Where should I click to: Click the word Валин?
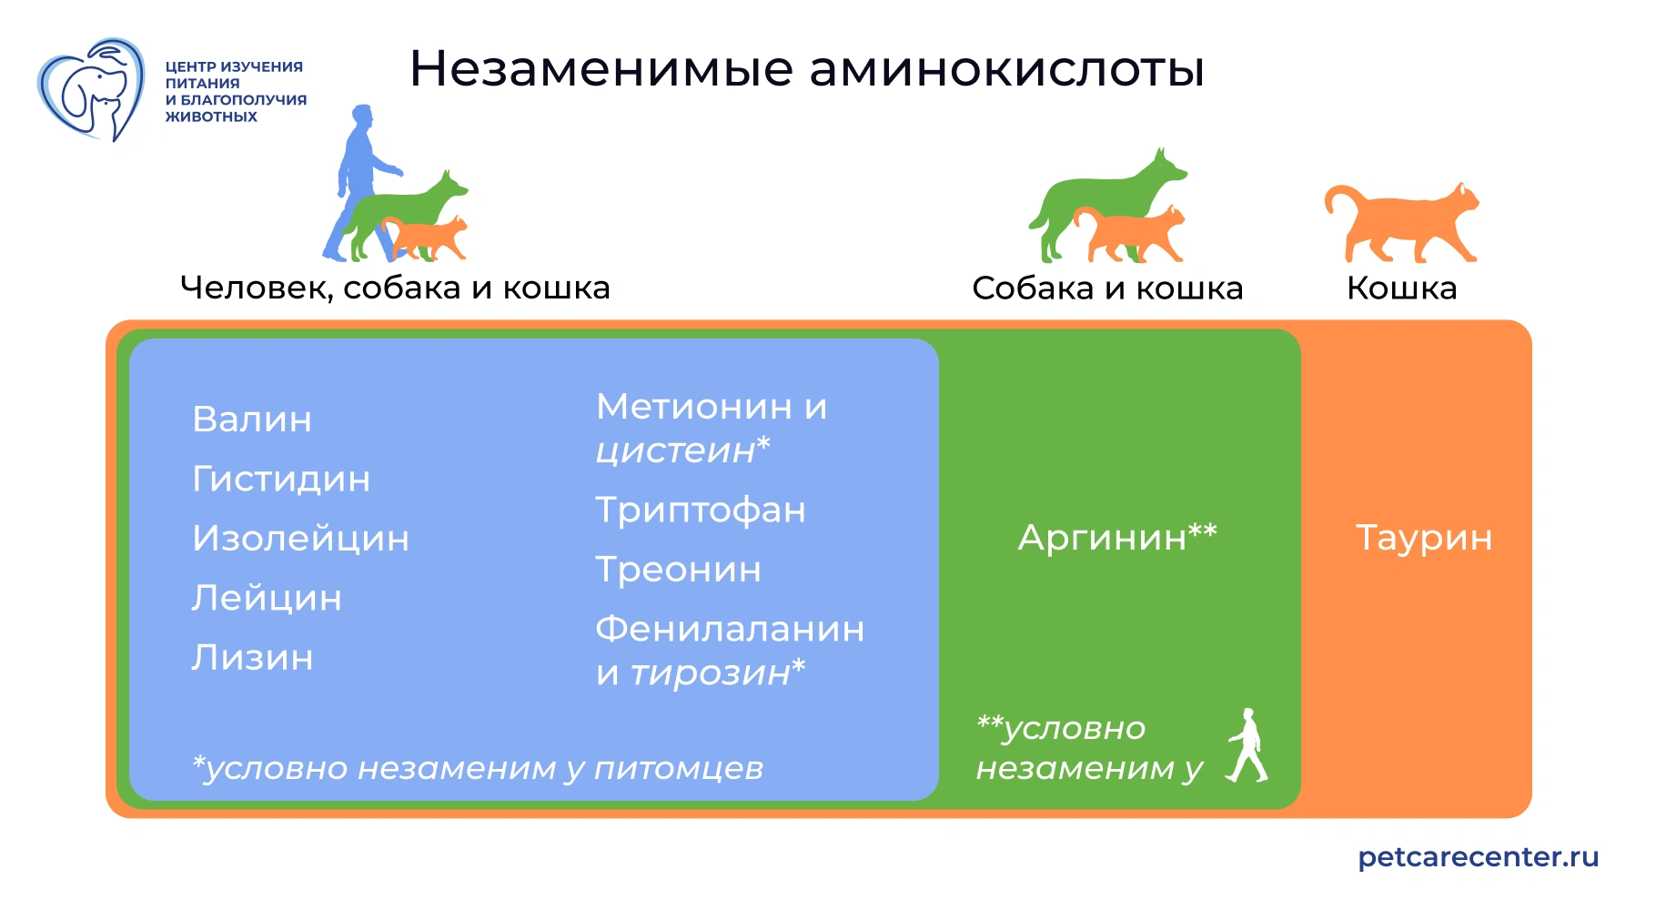click(x=252, y=420)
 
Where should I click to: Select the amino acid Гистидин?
click(x=281, y=479)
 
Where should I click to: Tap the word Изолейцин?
click(x=300, y=539)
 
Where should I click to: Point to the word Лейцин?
click(x=267, y=598)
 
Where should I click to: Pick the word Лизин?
click(x=252, y=658)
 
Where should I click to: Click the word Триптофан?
click(x=701, y=511)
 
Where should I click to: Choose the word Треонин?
click(x=678, y=570)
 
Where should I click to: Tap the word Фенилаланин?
click(x=730, y=629)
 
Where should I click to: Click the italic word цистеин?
click(x=675, y=450)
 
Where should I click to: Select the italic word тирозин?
click(x=710, y=673)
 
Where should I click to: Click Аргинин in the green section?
click(x=1102, y=538)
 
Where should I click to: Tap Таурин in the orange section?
click(x=1424, y=538)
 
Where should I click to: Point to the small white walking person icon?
click(x=1247, y=746)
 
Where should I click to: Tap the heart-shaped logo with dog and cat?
click(x=91, y=89)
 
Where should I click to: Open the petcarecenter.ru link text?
click(x=1478, y=857)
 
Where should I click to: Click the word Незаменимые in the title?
click(x=601, y=69)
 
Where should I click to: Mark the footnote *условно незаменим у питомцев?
click(x=478, y=769)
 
